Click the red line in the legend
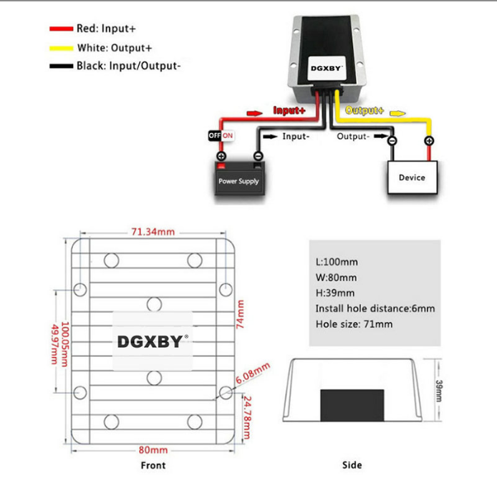coord(61,29)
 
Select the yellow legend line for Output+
coord(61,48)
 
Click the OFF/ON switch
coord(221,135)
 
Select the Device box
coord(412,177)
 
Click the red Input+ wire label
coord(289,111)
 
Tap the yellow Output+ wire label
coord(365,111)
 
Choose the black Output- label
coord(353,136)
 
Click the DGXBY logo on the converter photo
coord(327,69)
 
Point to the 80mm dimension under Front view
coord(153,450)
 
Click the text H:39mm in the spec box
coord(335,293)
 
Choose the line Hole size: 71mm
coord(354,324)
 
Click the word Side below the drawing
coord(352,465)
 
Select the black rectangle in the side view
coord(352,404)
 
